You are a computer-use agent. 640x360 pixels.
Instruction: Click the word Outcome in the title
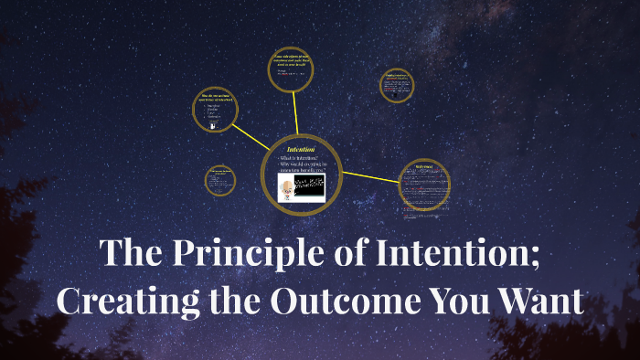pos(352,301)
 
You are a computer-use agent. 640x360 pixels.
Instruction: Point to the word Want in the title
pos(542,301)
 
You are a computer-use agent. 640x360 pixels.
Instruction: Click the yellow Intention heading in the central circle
pos(301,149)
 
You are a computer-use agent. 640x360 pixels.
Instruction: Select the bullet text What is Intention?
pos(306,160)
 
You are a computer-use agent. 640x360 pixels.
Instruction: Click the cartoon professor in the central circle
pos(288,188)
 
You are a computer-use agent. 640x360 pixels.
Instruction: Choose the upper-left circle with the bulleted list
pos(216,111)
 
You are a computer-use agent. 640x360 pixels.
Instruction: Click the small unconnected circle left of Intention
pos(219,180)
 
